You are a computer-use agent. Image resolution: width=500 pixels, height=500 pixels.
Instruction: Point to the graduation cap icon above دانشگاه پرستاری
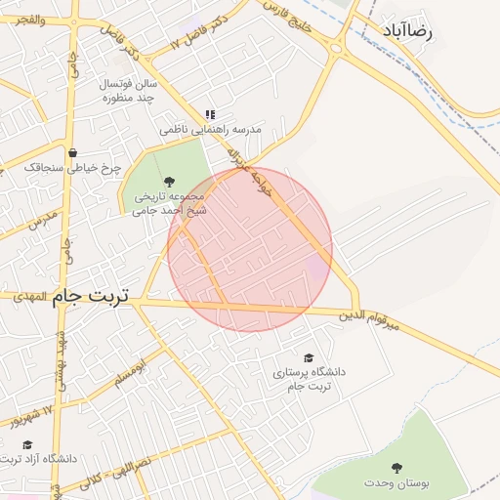point(310,358)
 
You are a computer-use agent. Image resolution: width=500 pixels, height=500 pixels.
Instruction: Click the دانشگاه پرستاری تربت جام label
point(310,380)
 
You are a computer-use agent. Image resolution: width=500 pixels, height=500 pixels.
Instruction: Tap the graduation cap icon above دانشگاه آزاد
point(27,444)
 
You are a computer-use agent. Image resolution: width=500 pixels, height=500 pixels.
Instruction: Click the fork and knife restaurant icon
point(210,114)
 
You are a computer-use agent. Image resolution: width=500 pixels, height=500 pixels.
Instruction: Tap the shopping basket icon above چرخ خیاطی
point(73,152)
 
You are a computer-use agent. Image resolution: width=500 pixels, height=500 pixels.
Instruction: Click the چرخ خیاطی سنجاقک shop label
point(73,168)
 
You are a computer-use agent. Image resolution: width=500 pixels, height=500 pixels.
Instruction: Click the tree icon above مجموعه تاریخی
point(170,181)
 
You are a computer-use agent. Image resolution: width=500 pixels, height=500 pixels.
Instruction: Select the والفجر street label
point(23,19)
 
